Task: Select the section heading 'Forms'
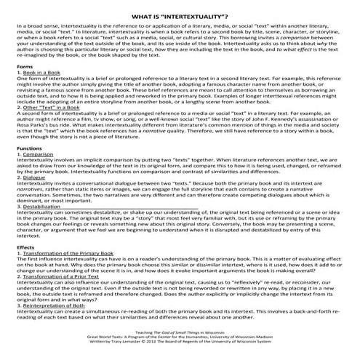point(24,66)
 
